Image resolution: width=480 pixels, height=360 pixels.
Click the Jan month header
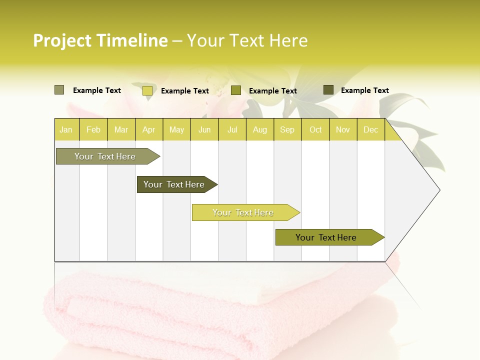(x=66, y=130)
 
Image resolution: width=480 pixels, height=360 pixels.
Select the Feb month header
(x=93, y=130)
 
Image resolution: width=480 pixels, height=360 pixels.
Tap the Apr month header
(x=149, y=130)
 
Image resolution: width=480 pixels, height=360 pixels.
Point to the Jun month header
(x=204, y=130)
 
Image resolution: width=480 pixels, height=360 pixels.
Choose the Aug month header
(x=260, y=130)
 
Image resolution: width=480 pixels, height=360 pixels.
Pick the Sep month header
(x=287, y=130)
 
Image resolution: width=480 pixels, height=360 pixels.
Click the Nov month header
(x=343, y=130)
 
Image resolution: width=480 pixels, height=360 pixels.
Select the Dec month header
(x=371, y=130)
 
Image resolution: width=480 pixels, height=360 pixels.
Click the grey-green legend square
(x=59, y=90)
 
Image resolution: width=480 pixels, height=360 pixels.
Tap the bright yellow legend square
(x=147, y=90)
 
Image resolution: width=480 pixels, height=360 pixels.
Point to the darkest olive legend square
(x=328, y=90)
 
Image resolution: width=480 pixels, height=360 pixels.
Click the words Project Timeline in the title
(x=100, y=40)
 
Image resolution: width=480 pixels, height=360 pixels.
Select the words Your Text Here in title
(x=247, y=40)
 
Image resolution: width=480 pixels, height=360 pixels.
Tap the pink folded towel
(x=200, y=315)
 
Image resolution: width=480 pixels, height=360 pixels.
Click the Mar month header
(x=121, y=130)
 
